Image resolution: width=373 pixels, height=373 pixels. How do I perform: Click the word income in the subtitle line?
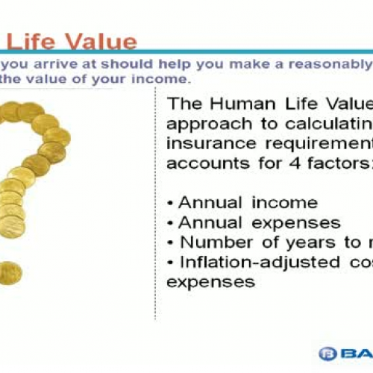(x=162, y=78)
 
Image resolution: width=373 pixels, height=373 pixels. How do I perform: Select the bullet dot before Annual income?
(x=172, y=204)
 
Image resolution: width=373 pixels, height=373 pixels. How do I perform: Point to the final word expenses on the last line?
(x=211, y=282)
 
